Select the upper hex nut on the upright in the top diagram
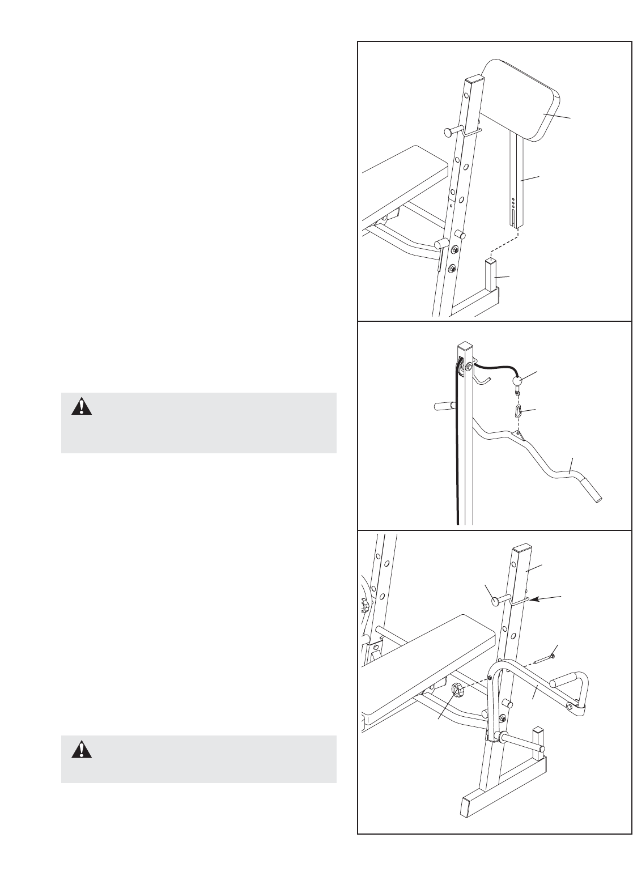[x=454, y=249]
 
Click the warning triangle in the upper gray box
[x=81, y=407]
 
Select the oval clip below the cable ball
[x=518, y=410]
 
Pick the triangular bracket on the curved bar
[x=517, y=435]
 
